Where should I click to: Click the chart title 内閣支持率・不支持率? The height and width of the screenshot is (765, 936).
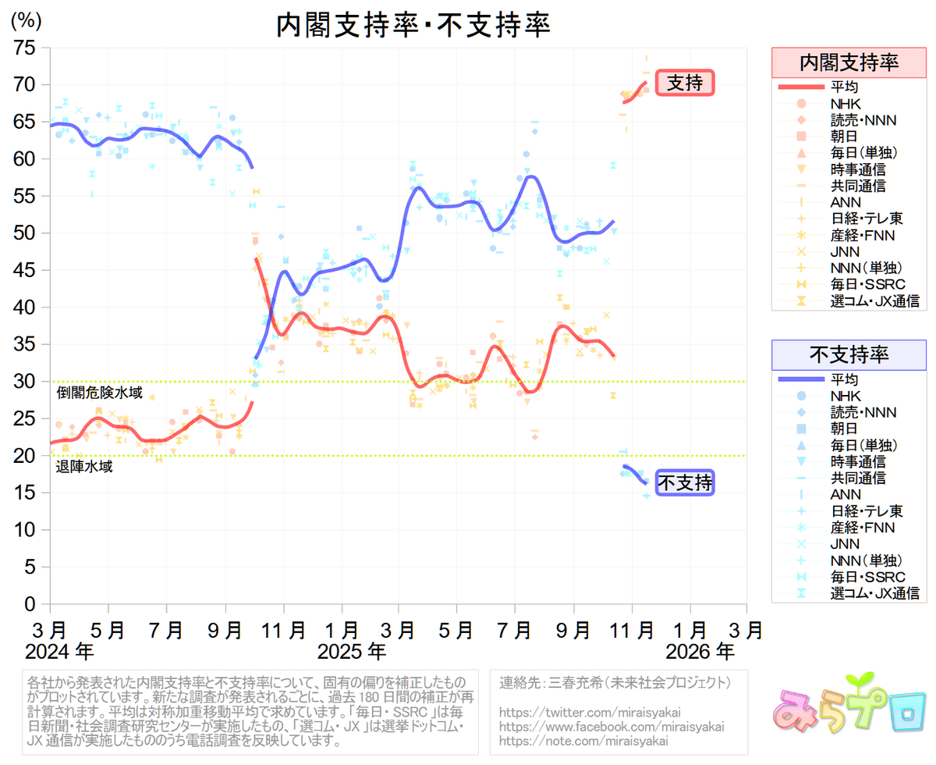pyautogui.click(x=413, y=26)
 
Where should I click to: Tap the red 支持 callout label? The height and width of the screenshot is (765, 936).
pyautogui.click(x=686, y=83)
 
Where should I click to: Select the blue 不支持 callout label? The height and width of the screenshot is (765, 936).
pyautogui.click(x=685, y=484)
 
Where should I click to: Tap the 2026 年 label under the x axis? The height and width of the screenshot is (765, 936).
pyautogui.click(x=699, y=649)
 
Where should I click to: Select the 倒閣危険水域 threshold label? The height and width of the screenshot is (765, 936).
pyautogui.click(x=99, y=393)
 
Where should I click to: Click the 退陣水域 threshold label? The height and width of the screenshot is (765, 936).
pyautogui.click(x=84, y=467)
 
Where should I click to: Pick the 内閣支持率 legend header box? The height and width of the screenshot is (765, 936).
pyautogui.click(x=849, y=62)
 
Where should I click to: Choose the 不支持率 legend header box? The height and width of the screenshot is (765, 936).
pyautogui.click(x=849, y=355)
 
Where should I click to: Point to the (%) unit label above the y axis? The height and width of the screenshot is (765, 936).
pyautogui.click(x=26, y=21)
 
